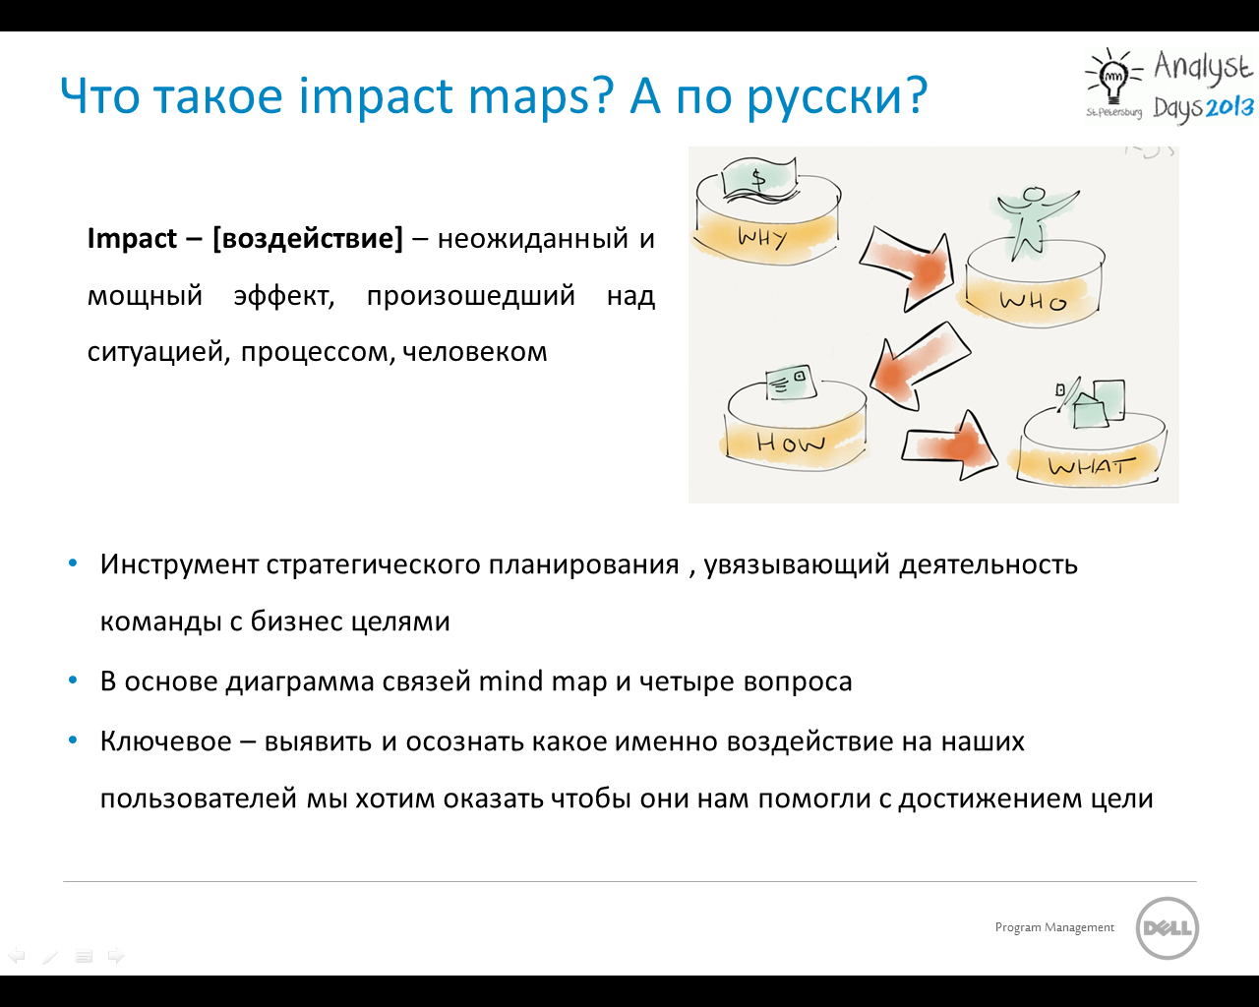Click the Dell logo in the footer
[x=1168, y=928]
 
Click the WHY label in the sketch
[x=762, y=237]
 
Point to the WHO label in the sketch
[x=1033, y=301]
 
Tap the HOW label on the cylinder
[x=791, y=443]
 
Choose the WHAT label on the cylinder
[x=1092, y=466]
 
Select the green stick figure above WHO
[x=1035, y=222]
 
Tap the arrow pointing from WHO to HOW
[x=919, y=366]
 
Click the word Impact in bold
[x=132, y=239]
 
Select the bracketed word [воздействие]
[x=308, y=239]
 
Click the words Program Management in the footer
[x=1054, y=927]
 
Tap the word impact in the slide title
[x=375, y=94]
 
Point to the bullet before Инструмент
[x=73, y=563]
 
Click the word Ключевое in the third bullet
[x=165, y=741]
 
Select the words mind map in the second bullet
[x=542, y=682]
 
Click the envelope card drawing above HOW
[x=790, y=384]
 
